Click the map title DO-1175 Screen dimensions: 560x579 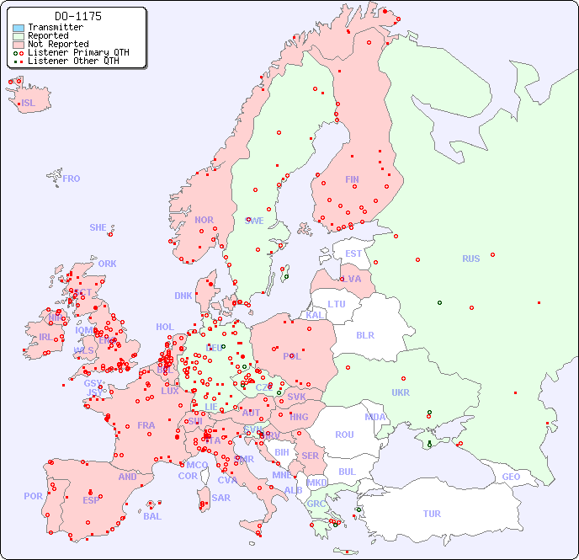coord(77,16)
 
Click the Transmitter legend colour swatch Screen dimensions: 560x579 coord(19,28)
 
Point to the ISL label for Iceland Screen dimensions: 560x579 coord(29,104)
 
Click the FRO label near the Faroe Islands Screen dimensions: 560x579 coord(72,179)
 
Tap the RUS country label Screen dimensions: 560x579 coord(470,259)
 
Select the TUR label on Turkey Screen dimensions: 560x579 coord(432,514)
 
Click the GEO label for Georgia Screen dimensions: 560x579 coord(511,477)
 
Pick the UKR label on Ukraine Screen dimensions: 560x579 coord(401,392)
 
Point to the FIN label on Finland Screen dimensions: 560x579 coord(352,179)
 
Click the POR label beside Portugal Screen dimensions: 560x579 coord(33,496)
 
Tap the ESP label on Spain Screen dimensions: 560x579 coord(91,499)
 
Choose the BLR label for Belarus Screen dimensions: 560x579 coord(364,335)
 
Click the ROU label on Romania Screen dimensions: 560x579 coord(344,435)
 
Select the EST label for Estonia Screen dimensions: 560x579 coord(353,253)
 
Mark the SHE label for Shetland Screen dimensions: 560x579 coord(98,227)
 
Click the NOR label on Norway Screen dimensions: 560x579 coord(204,220)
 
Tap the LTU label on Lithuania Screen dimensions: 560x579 coord(337,304)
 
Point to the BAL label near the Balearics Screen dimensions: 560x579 coord(152,516)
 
